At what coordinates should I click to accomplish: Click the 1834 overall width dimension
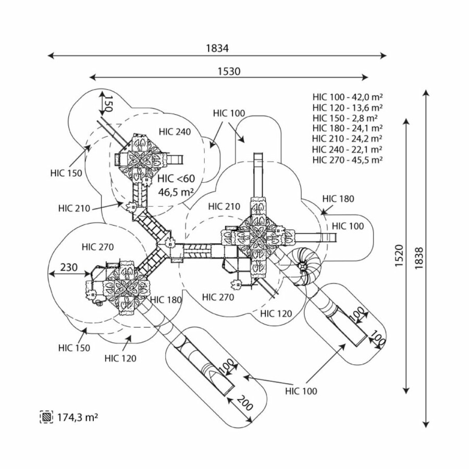coord(217,48)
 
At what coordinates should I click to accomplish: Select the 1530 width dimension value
coord(229,71)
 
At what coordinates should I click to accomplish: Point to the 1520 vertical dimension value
coord(400,256)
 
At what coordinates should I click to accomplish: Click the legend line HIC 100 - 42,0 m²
coord(348,97)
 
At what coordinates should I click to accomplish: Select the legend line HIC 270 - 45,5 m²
coord(348,159)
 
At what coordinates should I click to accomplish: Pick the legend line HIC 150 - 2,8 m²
coord(348,118)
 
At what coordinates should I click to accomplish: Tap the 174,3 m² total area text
coord(78,417)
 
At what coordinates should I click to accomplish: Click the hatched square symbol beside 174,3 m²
coord(47,417)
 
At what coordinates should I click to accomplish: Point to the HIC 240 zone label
coord(176,132)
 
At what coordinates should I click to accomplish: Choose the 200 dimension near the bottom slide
coord(244,403)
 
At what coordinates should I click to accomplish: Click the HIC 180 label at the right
coord(338,199)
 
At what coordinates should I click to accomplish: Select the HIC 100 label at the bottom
coord(301,391)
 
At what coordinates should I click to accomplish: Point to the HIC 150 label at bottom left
coord(74,348)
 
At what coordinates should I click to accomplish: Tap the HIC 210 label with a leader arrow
coord(74,208)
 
